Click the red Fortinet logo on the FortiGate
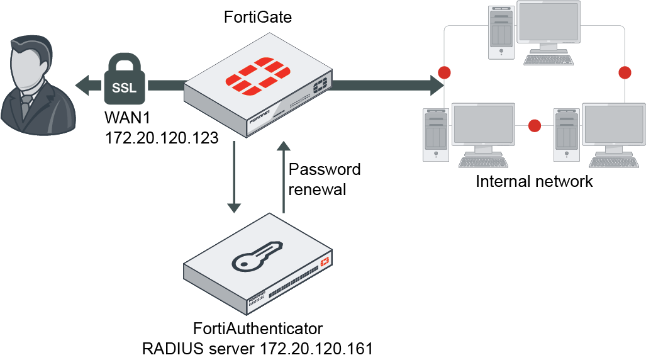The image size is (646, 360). click(x=258, y=80)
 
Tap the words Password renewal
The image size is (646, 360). click(x=324, y=179)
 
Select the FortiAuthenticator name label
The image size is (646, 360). click(x=258, y=329)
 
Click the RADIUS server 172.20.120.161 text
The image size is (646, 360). click(x=258, y=347)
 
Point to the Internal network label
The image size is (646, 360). click(x=534, y=182)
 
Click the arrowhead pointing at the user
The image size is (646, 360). click(x=81, y=83)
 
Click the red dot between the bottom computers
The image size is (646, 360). click(x=535, y=126)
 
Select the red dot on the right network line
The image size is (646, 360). click(x=624, y=72)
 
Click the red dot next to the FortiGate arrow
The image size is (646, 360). click(x=445, y=72)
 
